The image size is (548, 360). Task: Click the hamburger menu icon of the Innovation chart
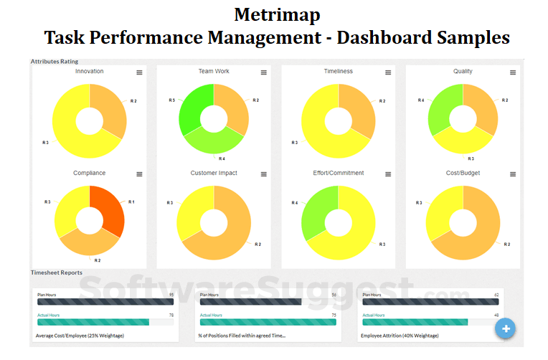(x=139, y=72)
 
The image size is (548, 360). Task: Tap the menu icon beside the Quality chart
(x=513, y=72)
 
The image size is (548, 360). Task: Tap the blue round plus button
(x=506, y=328)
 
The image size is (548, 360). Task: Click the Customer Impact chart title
(x=214, y=173)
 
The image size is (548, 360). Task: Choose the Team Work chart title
(x=214, y=72)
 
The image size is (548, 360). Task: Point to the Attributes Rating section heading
(x=55, y=62)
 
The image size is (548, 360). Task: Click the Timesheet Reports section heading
(x=57, y=273)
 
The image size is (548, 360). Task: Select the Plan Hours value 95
(x=171, y=295)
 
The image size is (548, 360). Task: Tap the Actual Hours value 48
(x=496, y=315)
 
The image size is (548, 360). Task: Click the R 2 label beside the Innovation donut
(x=134, y=101)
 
